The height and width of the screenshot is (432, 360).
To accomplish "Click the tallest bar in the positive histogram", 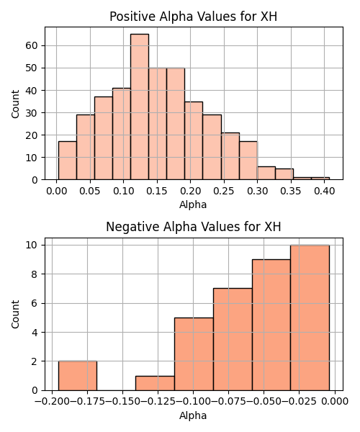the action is click(140, 107).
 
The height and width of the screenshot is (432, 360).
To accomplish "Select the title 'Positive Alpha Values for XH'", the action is click(193, 17).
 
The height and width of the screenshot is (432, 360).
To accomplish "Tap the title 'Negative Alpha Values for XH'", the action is click(194, 227).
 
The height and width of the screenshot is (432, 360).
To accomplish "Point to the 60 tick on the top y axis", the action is click(32, 45).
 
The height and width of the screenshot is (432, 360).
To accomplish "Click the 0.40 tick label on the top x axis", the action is click(324, 191).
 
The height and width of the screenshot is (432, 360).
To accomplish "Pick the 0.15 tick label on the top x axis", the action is click(157, 191).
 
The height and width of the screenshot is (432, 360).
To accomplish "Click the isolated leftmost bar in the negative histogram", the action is click(78, 376).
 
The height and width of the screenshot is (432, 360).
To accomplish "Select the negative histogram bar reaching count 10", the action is click(310, 318).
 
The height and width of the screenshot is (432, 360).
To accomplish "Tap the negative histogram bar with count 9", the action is click(271, 325).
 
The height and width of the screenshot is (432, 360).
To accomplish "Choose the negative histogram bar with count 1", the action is click(155, 383).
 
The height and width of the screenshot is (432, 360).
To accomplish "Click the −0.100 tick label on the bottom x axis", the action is click(193, 402).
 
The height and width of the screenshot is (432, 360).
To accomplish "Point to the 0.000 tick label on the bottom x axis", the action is click(335, 402).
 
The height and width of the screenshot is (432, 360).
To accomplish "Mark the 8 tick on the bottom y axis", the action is click(35, 274).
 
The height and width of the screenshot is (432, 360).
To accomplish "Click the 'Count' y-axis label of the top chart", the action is click(15, 104).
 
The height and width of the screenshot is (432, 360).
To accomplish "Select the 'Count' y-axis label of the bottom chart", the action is click(15, 315).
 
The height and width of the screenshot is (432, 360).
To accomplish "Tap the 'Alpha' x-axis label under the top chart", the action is click(193, 204).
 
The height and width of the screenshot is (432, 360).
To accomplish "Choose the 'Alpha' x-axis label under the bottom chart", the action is click(193, 415).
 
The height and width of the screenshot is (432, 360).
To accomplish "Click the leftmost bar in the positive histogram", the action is click(68, 161).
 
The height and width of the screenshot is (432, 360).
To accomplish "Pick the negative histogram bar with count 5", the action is click(194, 354).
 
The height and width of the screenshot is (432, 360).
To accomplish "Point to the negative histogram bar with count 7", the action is click(233, 339).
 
